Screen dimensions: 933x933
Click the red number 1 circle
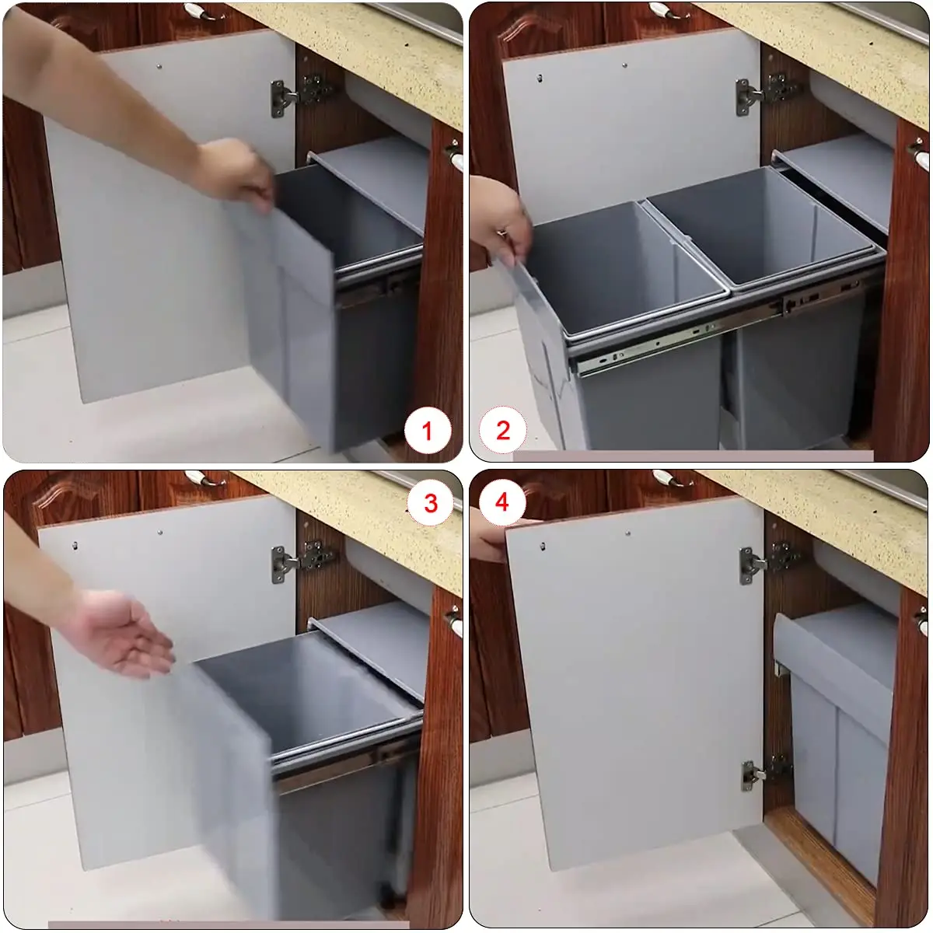click(x=426, y=430)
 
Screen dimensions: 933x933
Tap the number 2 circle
click(x=503, y=430)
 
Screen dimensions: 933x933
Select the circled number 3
click(x=431, y=503)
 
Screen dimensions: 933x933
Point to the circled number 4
click(x=501, y=502)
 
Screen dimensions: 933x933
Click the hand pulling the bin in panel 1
click(x=237, y=175)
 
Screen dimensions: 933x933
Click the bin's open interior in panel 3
click(x=311, y=692)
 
